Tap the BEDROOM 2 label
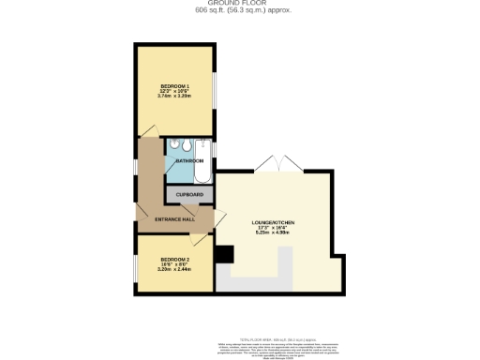click(174, 258)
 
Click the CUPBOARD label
click(190, 195)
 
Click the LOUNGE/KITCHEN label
click(275, 221)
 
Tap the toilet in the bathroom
click(187, 146)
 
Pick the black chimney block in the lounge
click(223, 253)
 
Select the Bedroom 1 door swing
click(149, 132)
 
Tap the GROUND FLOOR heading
click(239, 4)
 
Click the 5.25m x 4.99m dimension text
click(275, 232)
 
